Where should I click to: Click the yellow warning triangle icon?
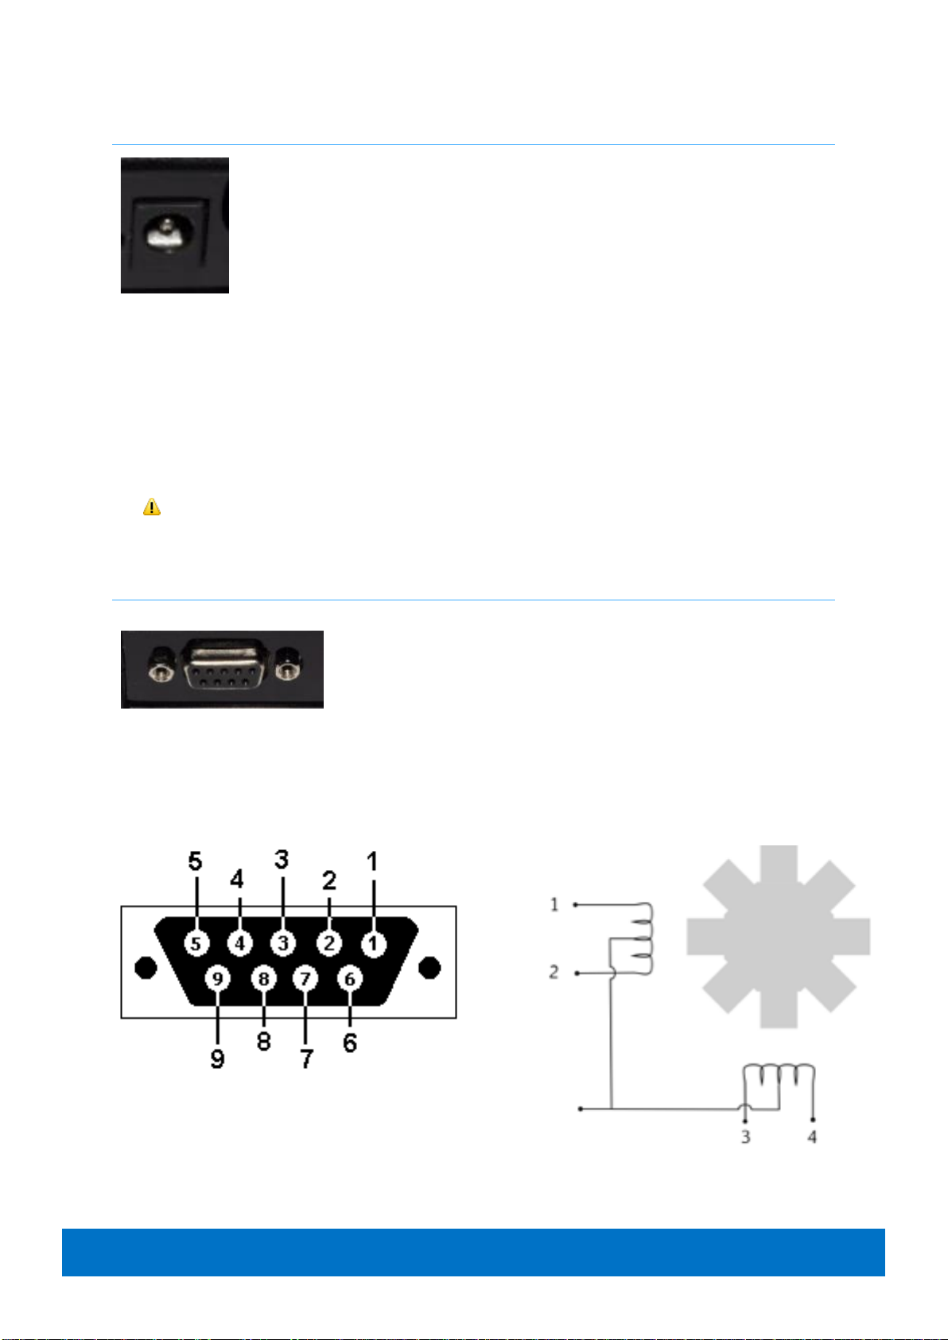tap(151, 507)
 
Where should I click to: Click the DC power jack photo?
tap(175, 225)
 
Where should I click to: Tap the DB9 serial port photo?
tap(222, 669)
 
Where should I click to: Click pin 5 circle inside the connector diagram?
tap(196, 944)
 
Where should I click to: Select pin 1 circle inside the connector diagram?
tap(372, 944)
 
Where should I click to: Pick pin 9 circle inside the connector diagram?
tap(217, 979)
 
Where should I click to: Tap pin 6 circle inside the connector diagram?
tap(349, 979)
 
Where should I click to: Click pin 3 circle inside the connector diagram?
tap(282, 944)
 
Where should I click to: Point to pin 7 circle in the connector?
tap(305, 979)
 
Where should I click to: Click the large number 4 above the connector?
tap(237, 880)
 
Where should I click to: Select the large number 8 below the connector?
tap(264, 1041)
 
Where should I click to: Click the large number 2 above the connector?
tap(329, 880)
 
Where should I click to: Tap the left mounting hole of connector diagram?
tap(146, 968)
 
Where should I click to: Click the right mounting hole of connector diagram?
tap(429, 968)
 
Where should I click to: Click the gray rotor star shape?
tap(778, 936)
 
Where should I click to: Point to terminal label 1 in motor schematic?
tap(554, 905)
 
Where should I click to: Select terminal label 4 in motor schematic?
tap(812, 1137)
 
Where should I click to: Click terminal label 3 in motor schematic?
tap(745, 1137)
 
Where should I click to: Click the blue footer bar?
tap(473, 1252)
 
